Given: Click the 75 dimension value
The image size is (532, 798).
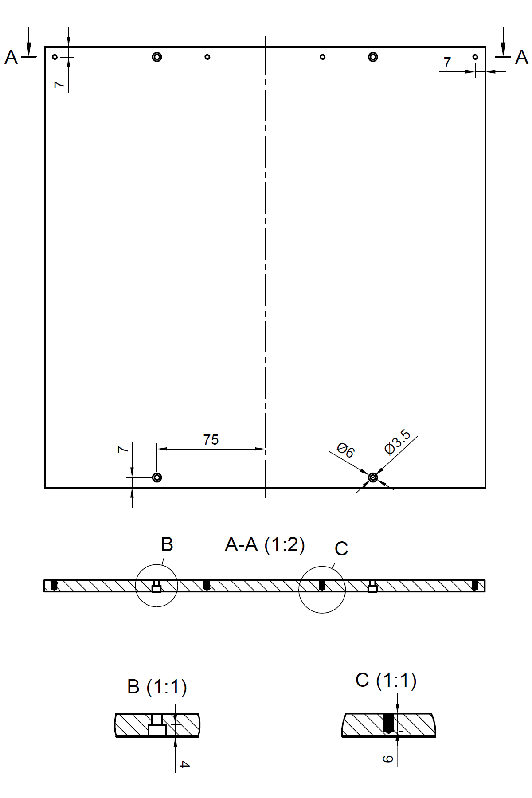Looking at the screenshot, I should click(x=211, y=440).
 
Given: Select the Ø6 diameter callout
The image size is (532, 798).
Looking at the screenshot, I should click(x=345, y=450).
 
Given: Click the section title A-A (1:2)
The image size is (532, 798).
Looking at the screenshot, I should click(x=265, y=544).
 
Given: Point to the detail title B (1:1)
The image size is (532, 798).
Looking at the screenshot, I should click(x=157, y=687).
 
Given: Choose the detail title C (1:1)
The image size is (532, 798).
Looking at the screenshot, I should click(x=386, y=680).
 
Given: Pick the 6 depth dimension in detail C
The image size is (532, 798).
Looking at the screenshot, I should click(x=388, y=759).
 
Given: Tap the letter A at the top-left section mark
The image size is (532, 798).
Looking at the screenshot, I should click(x=11, y=58).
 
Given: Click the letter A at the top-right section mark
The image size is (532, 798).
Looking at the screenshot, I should click(x=521, y=58).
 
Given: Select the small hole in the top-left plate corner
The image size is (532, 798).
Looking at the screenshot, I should click(x=55, y=57).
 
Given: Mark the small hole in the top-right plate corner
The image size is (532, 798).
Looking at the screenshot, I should click(x=475, y=57).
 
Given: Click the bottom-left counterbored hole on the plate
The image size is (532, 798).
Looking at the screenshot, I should click(x=157, y=477).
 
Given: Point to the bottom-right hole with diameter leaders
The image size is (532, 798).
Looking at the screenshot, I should click(x=373, y=477).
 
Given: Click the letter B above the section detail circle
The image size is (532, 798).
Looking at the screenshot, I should click(x=167, y=544).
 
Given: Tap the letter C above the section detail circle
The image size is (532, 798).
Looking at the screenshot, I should click(x=341, y=549).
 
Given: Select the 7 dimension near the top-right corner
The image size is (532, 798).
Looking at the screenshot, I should click(x=447, y=63).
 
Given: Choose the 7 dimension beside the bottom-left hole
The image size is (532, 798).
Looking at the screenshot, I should click(x=123, y=450).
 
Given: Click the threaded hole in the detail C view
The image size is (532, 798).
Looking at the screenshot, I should click(x=389, y=723).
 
